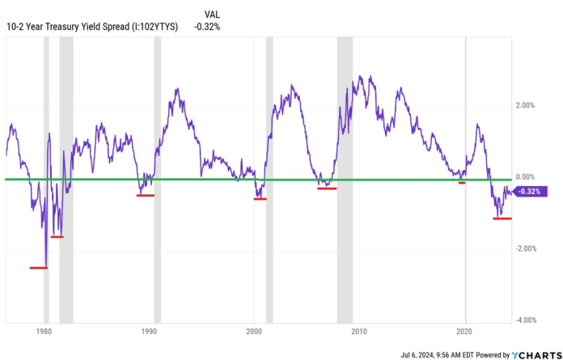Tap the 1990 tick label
pos(149,332)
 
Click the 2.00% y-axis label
pos(526,105)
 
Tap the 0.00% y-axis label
pos(526,176)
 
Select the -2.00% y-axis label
pos(525,248)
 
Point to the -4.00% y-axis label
pos(525,320)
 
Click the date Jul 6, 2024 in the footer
pos(421,354)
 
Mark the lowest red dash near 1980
pos(39,268)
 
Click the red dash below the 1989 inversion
pos(146,195)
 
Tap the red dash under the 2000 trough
pos(260,198)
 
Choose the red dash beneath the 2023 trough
pos(502,218)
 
